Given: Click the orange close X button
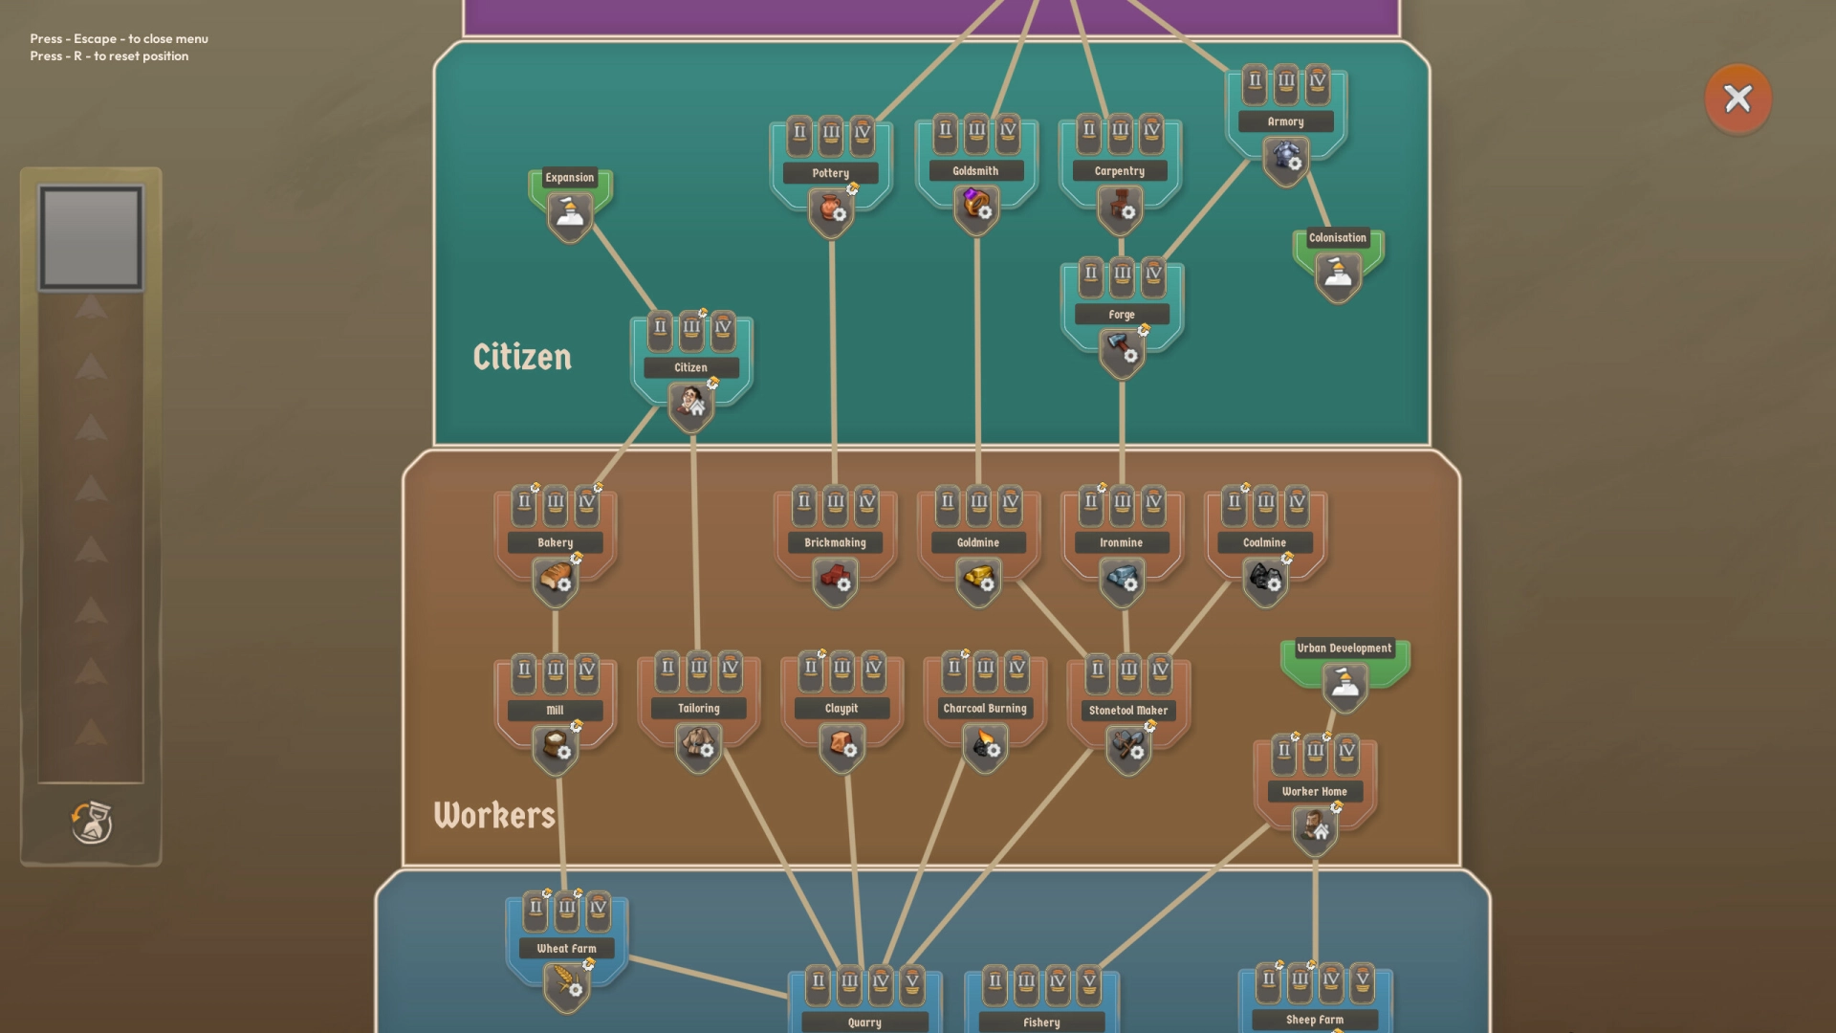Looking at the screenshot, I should pos(1738,99).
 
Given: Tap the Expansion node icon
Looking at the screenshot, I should pos(570,215).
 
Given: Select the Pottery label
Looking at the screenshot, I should pos(830,173).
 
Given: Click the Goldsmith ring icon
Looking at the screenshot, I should pos(976,206).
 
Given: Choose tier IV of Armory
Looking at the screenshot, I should pos(1318,83).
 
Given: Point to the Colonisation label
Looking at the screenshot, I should pos(1337,238).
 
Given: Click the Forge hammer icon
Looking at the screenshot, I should pos(1122,350).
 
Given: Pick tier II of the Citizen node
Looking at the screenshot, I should pos(660,328).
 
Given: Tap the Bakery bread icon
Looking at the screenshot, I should pos(556,579).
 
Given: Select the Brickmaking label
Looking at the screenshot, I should pos(835,542).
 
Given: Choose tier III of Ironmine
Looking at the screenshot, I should pos(1122,502).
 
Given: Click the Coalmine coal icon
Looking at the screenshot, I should pos(1265,579).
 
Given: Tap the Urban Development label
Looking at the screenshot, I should pos(1344,648).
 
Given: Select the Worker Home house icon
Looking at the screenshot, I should pos(1315,826).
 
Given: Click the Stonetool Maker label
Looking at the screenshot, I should pos(1128,711).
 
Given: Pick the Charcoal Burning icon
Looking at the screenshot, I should pos(985,745).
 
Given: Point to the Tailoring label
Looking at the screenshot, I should pos(698,709).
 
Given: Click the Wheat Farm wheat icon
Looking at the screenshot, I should pos(567,983).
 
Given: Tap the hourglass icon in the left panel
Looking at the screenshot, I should pos(92,823).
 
